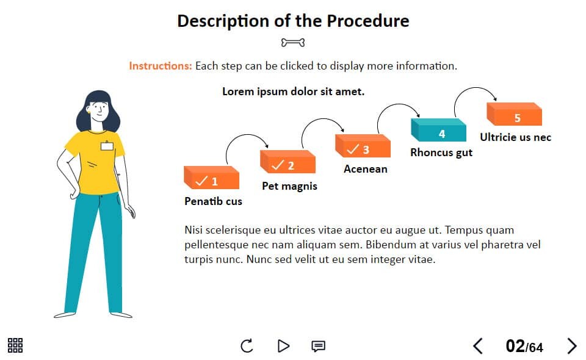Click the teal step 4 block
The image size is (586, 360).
pyautogui.click(x=438, y=130)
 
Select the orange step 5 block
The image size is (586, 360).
pyautogui.click(x=514, y=114)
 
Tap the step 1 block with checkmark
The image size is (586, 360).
pyautogui.click(x=212, y=178)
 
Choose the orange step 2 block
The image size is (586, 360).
pyautogui.click(x=288, y=162)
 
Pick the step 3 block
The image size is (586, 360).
pyautogui.click(x=363, y=146)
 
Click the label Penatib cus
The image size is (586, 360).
pyautogui.click(x=214, y=201)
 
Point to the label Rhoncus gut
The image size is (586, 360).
pyautogui.click(x=441, y=153)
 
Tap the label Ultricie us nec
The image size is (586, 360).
pyautogui.click(x=515, y=137)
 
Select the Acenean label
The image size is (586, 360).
pyautogui.click(x=366, y=169)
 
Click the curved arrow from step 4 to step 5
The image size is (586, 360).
pyautogui.click(x=474, y=88)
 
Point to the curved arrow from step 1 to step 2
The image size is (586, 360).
pyautogui.click(x=247, y=135)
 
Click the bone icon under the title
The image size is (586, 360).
pyautogui.click(x=293, y=43)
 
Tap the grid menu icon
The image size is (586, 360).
pyautogui.click(x=15, y=345)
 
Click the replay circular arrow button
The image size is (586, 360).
pyautogui.click(x=247, y=346)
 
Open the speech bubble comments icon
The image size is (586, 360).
pyautogui.click(x=319, y=346)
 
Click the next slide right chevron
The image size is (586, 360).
pyautogui.click(x=572, y=346)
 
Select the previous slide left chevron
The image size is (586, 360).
pyautogui.click(x=478, y=346)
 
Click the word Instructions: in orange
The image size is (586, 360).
pyautogui.click(x=161, y=66)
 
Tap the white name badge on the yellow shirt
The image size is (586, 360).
pyautogui.click(x=107, y=146)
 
